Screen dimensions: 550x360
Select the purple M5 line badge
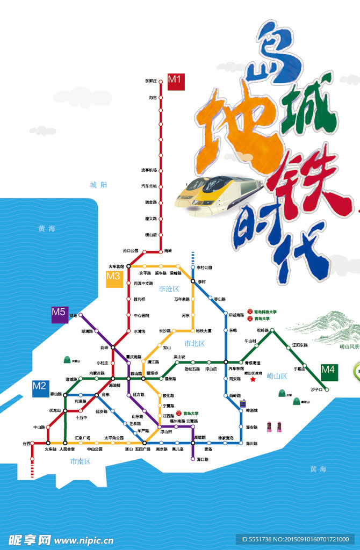[59, 314]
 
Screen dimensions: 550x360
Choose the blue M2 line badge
[40, 388]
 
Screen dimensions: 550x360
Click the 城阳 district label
[98, 185]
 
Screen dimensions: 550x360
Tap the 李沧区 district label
[169, 289]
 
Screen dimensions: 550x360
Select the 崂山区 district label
[278, 376]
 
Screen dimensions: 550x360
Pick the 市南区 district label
[80, 461]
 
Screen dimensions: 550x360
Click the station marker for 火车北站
[128, 266]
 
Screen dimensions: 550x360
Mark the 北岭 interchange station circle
[113, 348]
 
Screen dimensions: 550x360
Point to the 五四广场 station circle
[145, 443]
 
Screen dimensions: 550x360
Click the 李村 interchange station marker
[193, 280]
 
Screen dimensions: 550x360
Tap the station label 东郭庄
[151, 81]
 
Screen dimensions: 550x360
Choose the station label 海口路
[202, 460]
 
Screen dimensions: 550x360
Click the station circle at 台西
[32, 443]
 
